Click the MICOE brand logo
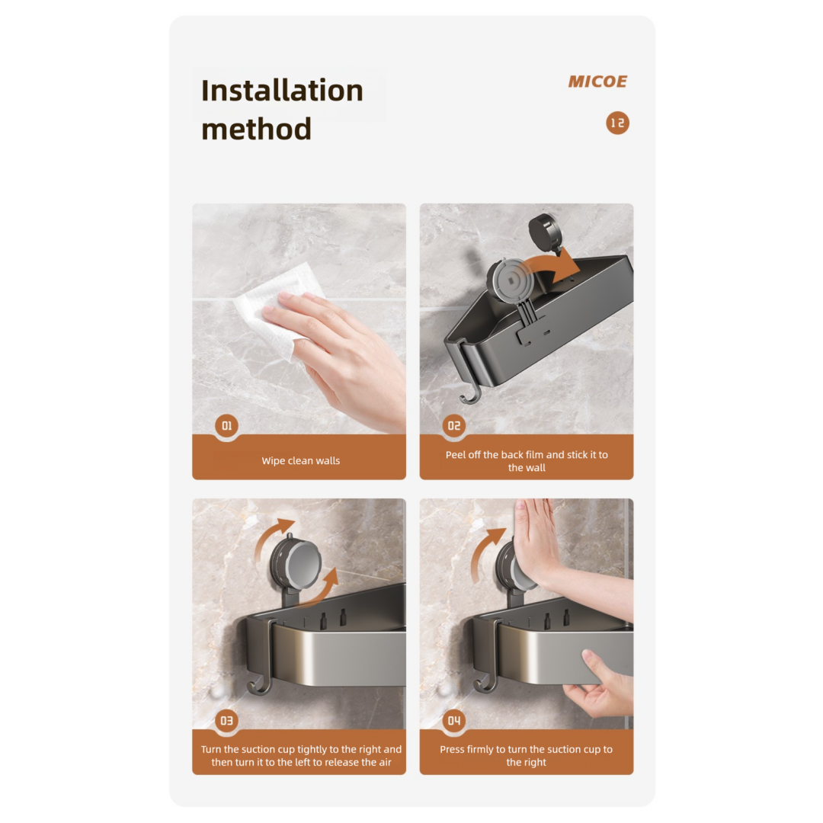pos(597,82)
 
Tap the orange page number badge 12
pos(617,123)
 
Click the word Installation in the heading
pos(282,91)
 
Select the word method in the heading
pos(256,129)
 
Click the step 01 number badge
pos(226,426)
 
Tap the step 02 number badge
pos(454,426)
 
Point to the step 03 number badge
pos(226,720)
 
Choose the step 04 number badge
pos(454,720)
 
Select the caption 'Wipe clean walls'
pos(300,461)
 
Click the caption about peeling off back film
pos(527,461)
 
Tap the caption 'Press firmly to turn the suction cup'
pos(527,755)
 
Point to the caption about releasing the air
pos(300,755)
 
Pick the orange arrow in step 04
pos(483,552)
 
